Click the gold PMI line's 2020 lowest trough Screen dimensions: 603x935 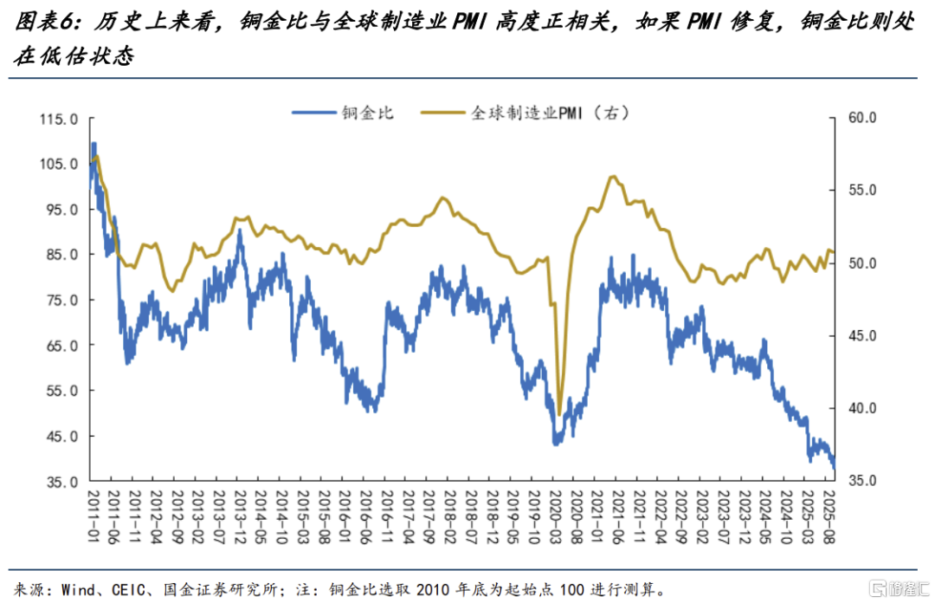tap(559, 414)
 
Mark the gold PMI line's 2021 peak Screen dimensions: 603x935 tap(612, 177)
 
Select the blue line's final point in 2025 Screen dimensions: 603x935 tap(835, 468)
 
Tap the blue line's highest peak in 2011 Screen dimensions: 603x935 tap(93, 144)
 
